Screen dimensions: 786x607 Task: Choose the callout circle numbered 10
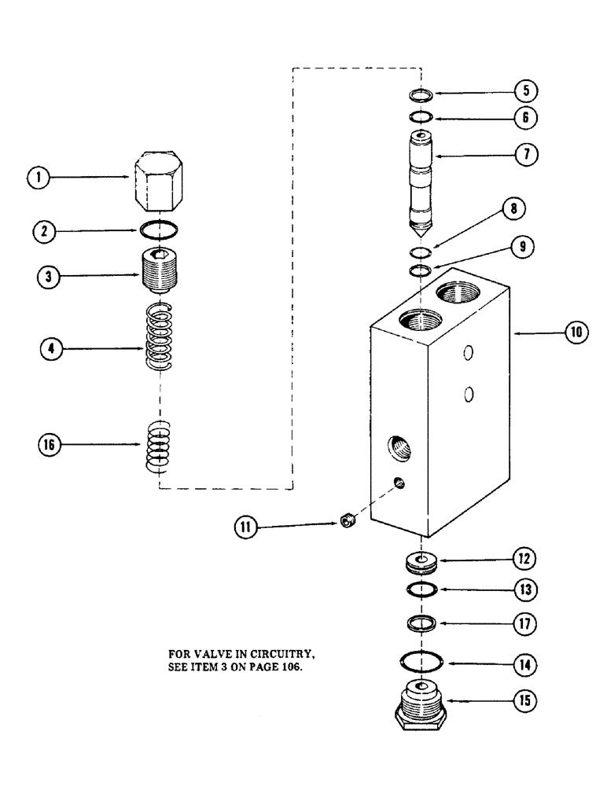(576, 332)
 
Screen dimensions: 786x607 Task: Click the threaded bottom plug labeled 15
(420, 704)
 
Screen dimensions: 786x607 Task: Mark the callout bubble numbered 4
(52, 349)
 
